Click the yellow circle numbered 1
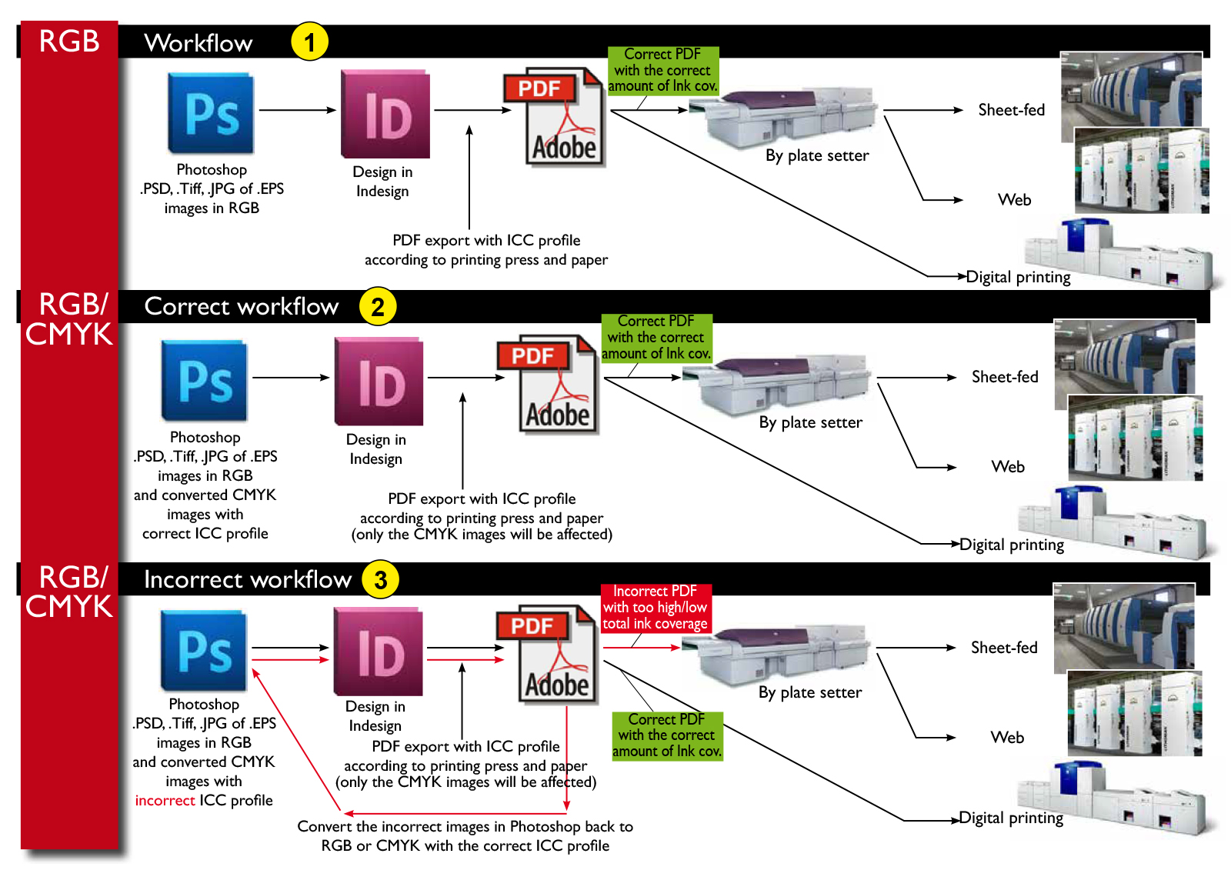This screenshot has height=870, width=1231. tap(309, 42)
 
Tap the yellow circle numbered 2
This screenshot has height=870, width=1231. tap(377, 307)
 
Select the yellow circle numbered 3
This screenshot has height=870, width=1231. tap(380, 580)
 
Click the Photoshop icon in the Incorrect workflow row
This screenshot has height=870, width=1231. tap(204, 651)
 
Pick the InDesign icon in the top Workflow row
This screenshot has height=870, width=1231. tap(385, 115)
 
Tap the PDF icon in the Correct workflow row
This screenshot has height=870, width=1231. tap(548, 384)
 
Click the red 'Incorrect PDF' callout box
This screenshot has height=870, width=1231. tap(656, 608)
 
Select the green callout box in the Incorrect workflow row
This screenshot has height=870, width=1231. tap(667, 735)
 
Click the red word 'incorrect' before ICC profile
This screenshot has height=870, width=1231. tap(165, 801)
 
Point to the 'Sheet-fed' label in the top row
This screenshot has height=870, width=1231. tap(1011, 110)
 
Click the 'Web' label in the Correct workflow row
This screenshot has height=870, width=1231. tap(1008, 467)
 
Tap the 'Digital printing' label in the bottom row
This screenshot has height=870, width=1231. tap(1011, 818)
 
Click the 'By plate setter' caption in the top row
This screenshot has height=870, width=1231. tap(817, 155)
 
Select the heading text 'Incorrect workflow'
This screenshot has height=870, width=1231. tap(247, 579)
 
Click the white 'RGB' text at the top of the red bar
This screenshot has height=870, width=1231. tap(69, 42)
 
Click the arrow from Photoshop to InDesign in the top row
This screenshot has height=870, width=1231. tap(298, 110)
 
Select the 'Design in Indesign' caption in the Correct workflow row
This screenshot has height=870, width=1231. tap(375, 449)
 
